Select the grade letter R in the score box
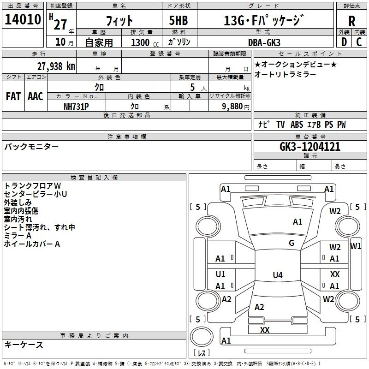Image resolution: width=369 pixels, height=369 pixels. tap(351, 21)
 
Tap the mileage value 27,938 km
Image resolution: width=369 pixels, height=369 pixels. tap(56, 66)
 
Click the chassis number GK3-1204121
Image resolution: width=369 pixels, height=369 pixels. tap(310, 147)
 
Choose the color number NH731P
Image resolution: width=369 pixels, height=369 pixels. tap(76, 106)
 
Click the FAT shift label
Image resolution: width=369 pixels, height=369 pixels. tap(13, 96)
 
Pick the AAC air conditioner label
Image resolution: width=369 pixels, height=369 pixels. tap(35, 96)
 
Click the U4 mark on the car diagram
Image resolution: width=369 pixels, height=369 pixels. tap(277, 275)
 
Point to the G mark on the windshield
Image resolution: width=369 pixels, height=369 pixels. tap(292, 243)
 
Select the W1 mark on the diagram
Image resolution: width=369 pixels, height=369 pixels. tap(356, 246)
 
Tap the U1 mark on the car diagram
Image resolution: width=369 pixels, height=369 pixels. tap(220, 274)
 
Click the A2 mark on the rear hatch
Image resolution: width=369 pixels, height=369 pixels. tap(259, 307)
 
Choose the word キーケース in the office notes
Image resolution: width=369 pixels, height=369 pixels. tap(24, 345)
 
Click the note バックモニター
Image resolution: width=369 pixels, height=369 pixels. tap(31, 147)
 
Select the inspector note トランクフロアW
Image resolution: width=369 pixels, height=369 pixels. tap(32, 185)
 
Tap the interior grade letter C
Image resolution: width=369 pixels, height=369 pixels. tap(359, 42)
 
